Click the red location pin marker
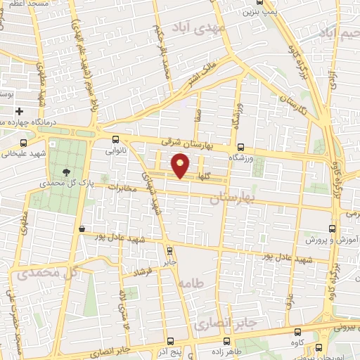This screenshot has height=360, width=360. (x=181, y=166)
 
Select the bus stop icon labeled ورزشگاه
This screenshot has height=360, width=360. (x=241, y=148)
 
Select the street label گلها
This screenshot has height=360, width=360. (x=204, y=174)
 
